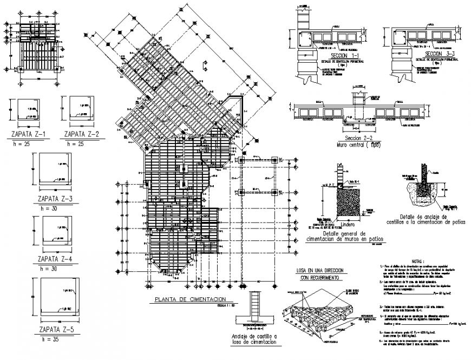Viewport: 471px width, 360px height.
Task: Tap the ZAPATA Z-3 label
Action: (x=52, y=198)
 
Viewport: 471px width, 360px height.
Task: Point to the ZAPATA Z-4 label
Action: (x=52, y=259)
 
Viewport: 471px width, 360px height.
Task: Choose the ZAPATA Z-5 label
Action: (x=52, y=330)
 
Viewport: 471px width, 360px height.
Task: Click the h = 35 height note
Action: (x=52, y=339)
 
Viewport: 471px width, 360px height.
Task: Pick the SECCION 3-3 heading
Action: (x=440, y=55)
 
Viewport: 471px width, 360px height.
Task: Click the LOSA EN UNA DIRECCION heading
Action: (x=319, y=270)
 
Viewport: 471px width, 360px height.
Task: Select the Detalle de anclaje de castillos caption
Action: (x=422, y=219)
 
